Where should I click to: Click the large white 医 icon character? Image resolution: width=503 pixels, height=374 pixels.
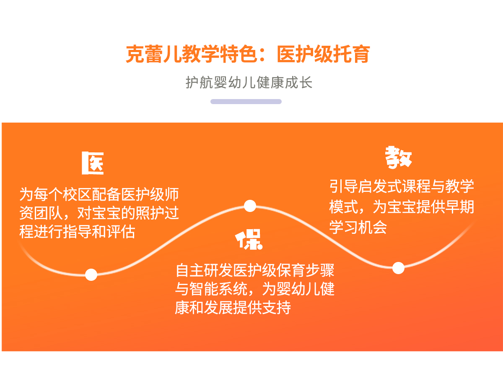coord(93,163)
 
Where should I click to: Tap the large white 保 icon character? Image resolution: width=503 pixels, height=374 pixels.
coord(249,239)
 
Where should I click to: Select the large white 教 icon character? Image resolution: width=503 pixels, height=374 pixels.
coord(398,157)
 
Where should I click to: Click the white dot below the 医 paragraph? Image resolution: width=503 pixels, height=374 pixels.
coord(91,275)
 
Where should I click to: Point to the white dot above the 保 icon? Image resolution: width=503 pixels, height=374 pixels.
coord(250,206)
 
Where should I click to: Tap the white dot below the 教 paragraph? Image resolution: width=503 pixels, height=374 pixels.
coord(398,268)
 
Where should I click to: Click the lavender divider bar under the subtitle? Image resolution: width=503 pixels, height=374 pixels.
coord(246,102)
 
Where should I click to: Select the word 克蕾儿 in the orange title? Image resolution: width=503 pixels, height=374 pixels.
coord(153,54)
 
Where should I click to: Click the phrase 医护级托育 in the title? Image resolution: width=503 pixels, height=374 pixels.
coord(324,54)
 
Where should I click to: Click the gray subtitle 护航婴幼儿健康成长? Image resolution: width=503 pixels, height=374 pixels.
coord(249,82)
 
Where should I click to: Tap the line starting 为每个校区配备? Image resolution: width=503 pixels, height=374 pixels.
coord(99,195)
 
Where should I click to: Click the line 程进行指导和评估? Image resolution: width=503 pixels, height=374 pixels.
coord(77,232)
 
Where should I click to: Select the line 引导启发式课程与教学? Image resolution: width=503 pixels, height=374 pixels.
coord(402,186)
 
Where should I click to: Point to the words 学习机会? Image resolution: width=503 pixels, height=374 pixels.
coord(358,228)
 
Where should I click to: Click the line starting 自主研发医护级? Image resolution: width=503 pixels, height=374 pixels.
coord(255,270)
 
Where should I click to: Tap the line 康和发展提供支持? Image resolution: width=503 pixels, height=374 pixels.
coord(233,307)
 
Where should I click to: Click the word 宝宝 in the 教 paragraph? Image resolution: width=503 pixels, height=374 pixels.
coord(402,207)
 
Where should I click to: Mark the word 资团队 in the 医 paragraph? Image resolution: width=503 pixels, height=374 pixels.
coord(41,213)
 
